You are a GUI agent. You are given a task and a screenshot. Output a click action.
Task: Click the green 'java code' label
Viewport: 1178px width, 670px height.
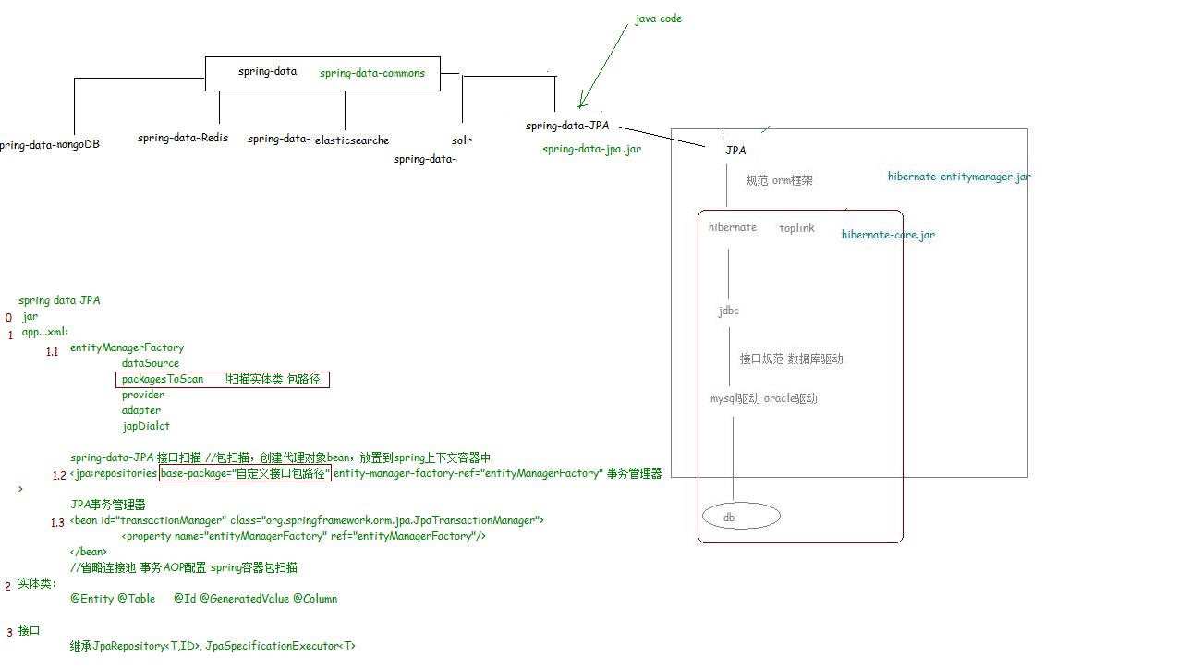658,18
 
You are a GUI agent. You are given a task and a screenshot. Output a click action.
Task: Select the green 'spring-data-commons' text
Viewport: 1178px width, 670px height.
372,73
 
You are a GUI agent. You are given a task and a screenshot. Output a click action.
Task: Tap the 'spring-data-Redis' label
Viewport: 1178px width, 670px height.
183,138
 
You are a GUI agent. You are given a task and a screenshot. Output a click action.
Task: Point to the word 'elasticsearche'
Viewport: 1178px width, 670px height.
352,140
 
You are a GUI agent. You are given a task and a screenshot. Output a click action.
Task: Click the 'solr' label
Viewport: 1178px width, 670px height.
462,140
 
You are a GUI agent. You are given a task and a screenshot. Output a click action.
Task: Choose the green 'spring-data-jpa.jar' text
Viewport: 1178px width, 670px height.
591,149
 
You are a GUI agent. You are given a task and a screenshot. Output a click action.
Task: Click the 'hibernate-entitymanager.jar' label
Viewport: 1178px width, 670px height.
959,177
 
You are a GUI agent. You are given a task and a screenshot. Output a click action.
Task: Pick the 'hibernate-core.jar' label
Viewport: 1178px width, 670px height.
888,235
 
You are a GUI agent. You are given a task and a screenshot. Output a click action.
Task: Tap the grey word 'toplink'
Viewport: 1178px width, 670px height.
796,228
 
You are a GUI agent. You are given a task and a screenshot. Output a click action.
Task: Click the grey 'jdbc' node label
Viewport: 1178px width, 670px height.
729,311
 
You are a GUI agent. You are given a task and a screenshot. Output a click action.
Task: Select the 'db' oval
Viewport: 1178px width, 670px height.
741,517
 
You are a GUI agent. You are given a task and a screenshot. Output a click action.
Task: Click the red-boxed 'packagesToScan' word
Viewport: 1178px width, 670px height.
163,379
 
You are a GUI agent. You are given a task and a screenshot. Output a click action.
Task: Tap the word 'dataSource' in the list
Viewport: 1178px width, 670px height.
151,363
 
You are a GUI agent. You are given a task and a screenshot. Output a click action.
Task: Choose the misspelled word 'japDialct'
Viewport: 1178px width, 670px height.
146,426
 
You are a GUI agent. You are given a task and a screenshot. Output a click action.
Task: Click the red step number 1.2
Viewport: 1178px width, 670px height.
59,475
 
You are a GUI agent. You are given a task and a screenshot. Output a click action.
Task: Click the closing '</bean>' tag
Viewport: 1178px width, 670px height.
89,552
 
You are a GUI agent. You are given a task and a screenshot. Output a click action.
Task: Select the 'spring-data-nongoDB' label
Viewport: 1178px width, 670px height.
50,144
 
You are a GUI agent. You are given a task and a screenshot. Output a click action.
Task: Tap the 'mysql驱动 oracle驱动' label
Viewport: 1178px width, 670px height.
763,398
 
